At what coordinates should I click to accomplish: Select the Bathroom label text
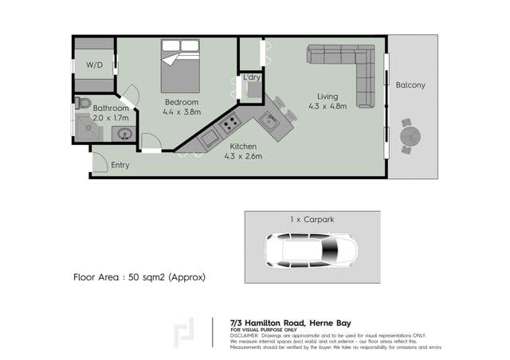111,108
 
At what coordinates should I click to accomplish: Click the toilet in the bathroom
83,103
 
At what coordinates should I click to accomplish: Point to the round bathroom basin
125,133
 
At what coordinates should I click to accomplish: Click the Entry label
120,165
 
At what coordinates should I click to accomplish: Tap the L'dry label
253,76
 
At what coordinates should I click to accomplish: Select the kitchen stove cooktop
230,124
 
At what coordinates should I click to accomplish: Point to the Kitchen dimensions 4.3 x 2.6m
243,156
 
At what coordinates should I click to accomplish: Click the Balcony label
410,85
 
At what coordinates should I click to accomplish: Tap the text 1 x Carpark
312,217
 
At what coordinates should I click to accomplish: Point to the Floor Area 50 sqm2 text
139,277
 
